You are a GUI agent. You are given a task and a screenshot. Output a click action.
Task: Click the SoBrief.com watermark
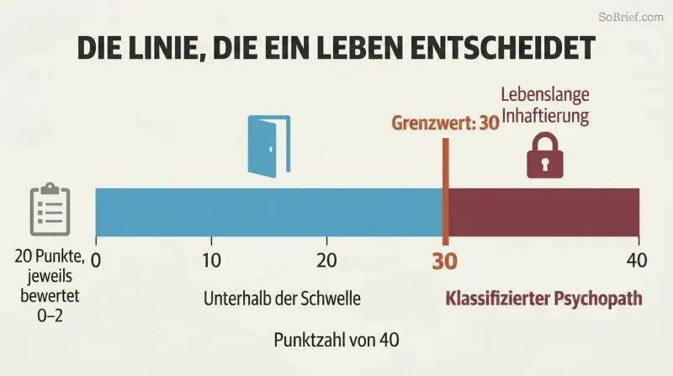tap(631, 17)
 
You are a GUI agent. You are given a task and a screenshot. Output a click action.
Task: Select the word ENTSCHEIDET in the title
tap(503, 47)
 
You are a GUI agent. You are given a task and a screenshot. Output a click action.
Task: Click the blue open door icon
tap(269, 146)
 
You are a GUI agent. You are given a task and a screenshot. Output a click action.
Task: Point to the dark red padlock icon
tap(545, 155)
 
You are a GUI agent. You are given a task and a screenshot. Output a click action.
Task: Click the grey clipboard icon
tap(50, 209)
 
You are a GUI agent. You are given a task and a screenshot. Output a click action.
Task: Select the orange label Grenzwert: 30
tap(445, 123)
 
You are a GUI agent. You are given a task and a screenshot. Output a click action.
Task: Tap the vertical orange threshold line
tap(446, 192)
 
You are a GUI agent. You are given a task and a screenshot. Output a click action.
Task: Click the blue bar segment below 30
tap(269, 212)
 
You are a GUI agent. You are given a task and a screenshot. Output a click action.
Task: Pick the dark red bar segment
tap(543, 212)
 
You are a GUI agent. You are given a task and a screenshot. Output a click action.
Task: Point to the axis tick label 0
tap(96, 261)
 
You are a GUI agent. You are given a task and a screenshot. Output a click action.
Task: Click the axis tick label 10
tap(212, 261)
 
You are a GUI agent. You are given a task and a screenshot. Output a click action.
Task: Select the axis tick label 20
tap(327, 261)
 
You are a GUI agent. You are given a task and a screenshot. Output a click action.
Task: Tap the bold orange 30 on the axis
tap(445, 261)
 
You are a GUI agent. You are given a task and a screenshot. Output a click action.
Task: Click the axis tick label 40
tap(637, 261)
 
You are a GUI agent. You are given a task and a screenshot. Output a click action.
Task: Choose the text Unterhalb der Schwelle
tap(282, 299)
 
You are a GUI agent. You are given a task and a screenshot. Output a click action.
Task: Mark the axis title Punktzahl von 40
tap(336, 341)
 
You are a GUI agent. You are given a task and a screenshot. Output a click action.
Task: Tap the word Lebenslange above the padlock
tap(545, 94)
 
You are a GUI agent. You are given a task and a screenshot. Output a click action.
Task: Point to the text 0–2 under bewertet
tap(50, 316)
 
